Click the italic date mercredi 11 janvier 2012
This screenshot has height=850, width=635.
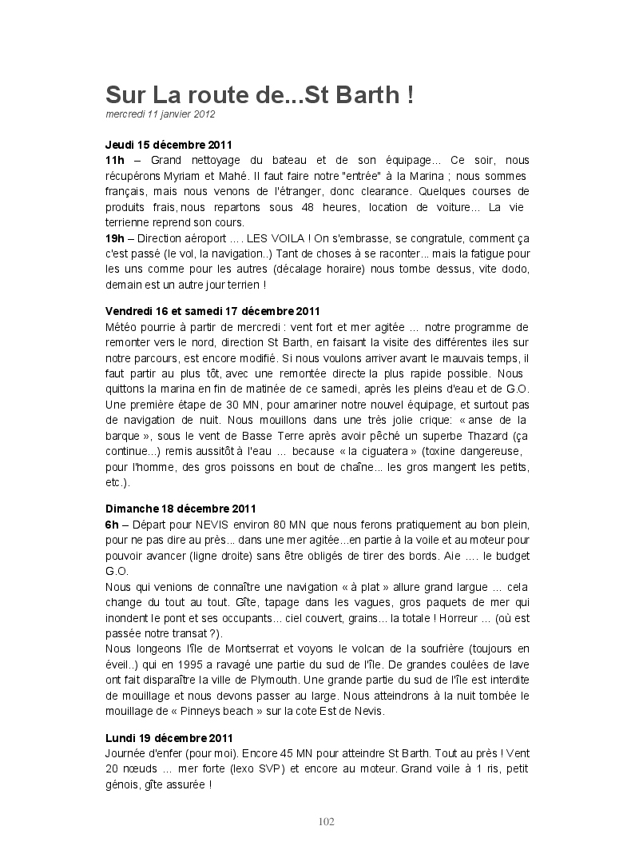click(160, 114)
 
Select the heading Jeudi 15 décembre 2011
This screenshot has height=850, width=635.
click(169, 145)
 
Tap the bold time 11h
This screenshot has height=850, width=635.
click(115, 160)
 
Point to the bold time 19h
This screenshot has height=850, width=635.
click(115, 238)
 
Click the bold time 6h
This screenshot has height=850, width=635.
click(112, 524)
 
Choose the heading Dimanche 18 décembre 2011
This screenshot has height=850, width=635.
click(181, 509)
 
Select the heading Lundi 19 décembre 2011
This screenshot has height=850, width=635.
click(169, 738)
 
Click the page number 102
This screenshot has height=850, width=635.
click(326, 822)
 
